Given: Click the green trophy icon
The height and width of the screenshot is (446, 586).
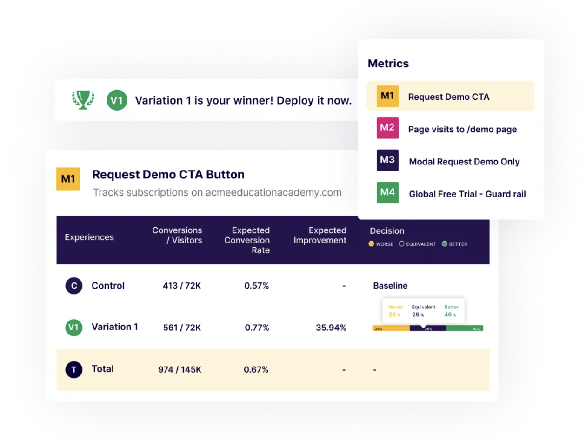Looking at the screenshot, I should [x=83, y=100].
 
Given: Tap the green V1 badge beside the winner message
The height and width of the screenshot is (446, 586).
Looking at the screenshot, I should [x=117, y=100].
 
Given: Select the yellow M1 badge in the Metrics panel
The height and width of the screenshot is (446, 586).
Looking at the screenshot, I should [x=387, y=96].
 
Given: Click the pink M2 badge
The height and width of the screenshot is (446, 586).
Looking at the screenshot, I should [x=387, y=128].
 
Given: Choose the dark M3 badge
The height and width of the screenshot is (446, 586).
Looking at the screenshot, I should [x=387, y=160].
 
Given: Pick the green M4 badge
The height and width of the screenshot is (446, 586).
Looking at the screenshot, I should [x=387, y=192].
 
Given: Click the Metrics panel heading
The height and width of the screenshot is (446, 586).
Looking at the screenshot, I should [x=388, y=64].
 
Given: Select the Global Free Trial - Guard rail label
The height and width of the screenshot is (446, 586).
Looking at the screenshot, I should [x=467, y=194].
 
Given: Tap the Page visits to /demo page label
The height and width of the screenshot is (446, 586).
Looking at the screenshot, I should [x=462, y=130].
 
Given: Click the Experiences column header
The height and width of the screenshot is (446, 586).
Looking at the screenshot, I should [x=89, y=237].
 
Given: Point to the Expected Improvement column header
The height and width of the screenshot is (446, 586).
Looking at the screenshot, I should [x=320, y=236].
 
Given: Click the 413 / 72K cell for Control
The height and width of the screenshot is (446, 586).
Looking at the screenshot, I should [x=182, y=286].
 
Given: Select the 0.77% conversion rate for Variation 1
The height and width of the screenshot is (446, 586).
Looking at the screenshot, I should [x=257, y=328].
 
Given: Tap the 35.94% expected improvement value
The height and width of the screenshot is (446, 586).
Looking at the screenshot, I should [x=331, y=328].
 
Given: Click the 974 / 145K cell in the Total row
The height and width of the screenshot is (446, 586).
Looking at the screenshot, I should [x=180, y=370].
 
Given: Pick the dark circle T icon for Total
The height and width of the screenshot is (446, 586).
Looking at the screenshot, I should [x=74, y=370].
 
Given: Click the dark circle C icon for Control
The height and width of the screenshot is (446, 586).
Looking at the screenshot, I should [x=74, y=286].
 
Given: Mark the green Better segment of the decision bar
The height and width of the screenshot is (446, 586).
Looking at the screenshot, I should [x=464, y=328].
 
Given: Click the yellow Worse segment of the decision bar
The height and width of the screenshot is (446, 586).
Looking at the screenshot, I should [x=391, y=328].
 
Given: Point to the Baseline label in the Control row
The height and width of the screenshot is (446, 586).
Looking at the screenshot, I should [x=390, y=286].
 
